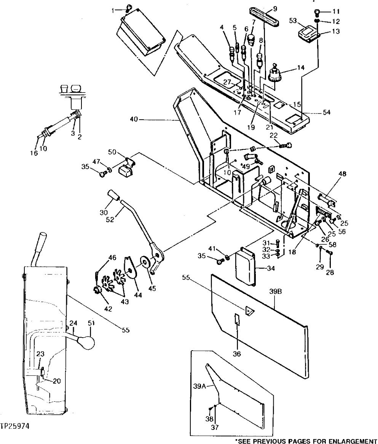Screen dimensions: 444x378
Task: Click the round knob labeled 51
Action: click(x=85, y=341)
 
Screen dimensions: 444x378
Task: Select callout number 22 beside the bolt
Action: click(x=273, y=135)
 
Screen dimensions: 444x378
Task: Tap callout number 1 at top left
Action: click(x=113, y=10)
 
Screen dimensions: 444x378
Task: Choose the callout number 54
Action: click(x=327, y=112)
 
